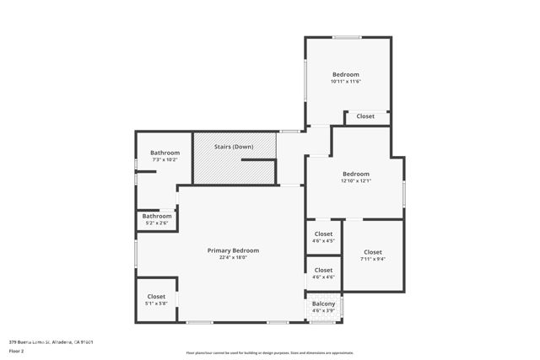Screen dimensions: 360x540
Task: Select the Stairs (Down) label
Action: tap(234, 147)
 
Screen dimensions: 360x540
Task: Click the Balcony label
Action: tap(323, 304)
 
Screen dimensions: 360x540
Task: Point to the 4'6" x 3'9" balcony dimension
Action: tap(323, 311)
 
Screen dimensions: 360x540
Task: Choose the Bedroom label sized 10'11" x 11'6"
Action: tap(345, 74)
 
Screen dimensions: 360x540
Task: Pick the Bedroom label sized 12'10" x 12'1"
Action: tap(355, 174)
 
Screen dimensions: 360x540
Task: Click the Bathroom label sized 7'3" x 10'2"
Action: tap(165, 153)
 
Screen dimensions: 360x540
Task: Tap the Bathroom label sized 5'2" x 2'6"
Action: tap(157, 216)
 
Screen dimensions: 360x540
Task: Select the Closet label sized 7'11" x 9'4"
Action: tap(373, 252)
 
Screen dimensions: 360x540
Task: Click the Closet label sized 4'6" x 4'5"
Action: tap(323, 234)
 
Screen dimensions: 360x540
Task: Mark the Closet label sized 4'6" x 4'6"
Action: tap(323, 270)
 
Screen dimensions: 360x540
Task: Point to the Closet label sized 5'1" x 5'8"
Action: tap(157, 296)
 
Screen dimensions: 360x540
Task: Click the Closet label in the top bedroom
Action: tap(365, 116)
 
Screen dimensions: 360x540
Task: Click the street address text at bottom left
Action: tap(51, 341)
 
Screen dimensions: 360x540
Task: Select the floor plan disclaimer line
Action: tap(270, 352)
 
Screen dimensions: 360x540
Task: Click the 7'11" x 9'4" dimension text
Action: tap(373, 260)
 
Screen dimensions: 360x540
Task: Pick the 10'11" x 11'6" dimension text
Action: tap(345, 82)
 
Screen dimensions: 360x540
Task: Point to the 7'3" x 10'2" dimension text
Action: tap(165, 159)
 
